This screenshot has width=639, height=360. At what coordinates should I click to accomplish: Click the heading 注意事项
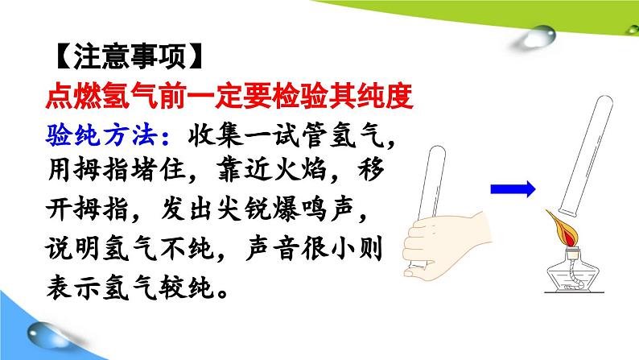130,56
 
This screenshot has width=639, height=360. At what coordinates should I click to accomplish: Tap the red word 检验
300,96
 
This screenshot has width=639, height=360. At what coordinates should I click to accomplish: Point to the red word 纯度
385,96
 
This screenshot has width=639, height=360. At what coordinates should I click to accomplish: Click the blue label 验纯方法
102,134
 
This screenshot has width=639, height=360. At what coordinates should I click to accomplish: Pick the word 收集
216,134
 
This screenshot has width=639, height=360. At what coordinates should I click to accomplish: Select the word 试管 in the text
300,134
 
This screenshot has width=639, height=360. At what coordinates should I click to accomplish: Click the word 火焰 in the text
300,169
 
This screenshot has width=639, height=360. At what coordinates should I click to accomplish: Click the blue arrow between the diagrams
513,189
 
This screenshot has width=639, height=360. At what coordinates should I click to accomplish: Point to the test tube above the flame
586,155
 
